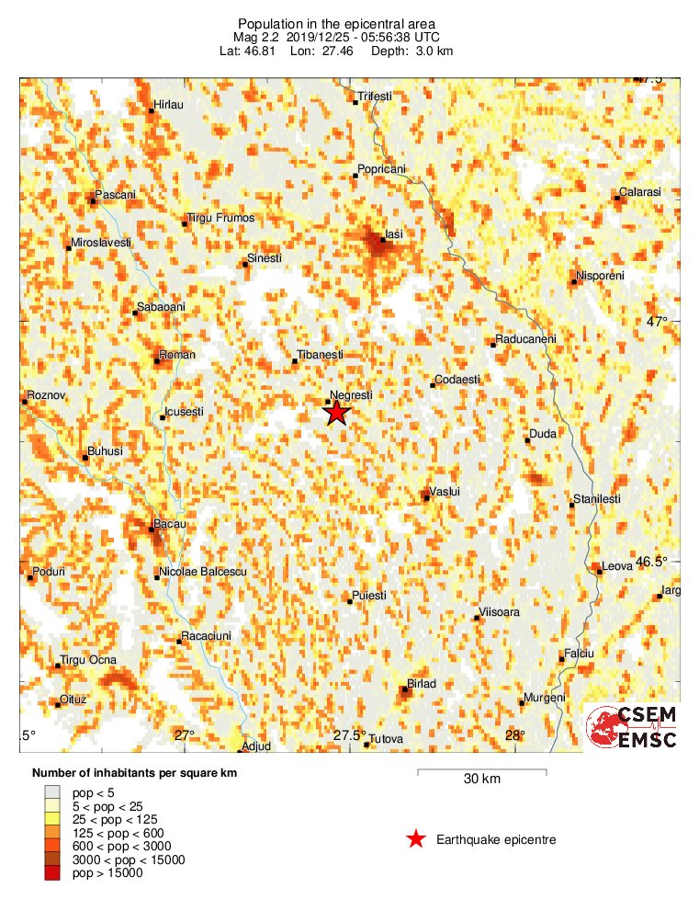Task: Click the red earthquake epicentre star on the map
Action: (337, 413)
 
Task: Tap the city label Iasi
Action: (394, 235)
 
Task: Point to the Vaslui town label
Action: (445, 492)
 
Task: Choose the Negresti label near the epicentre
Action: (351, 395)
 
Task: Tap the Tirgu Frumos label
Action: (220, 219)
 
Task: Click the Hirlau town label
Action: (169, 106)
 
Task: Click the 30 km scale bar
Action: (481, 773)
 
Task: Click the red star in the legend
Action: (416, 838)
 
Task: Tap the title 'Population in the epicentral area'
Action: (349, 23)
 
